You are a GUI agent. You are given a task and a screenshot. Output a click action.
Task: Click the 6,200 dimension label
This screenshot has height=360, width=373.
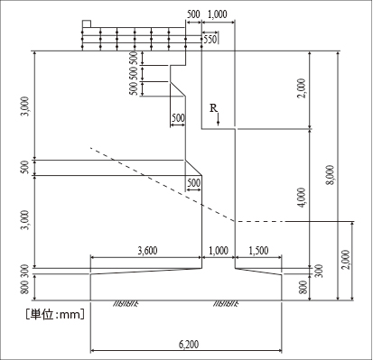tap(189, 344)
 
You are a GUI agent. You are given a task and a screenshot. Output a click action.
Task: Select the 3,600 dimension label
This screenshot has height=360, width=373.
tap(147, 251)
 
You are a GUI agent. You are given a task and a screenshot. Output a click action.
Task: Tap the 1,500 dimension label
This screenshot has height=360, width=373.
tap(258, 251)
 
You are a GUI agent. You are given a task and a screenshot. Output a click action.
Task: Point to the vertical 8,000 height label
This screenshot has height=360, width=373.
tap(331, 175)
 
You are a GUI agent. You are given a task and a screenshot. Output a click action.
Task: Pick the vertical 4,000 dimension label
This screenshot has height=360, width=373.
tap(302, 198)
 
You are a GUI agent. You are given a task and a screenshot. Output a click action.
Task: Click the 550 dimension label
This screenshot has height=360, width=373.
tap(210, 39)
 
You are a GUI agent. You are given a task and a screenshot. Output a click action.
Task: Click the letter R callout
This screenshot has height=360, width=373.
tap(213, 108)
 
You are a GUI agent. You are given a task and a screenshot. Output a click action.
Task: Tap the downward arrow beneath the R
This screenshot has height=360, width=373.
tap(219, 119)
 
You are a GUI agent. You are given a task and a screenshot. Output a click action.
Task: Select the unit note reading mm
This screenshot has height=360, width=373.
tap(71, 315)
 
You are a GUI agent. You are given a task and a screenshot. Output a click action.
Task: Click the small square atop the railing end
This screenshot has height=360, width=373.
tap(87, 24)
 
